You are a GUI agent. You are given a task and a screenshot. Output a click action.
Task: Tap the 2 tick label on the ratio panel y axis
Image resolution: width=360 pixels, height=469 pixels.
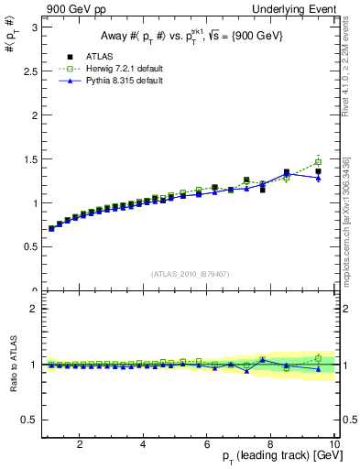(x=36, y=309)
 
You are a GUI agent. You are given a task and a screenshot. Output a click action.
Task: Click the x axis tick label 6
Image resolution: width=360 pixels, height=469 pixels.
(x=207, y=444)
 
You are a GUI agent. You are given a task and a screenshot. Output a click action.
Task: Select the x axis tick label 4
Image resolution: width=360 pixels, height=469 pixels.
(x=144, y=444)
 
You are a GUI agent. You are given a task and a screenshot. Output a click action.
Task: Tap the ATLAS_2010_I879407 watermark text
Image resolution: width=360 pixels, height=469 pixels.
(x=190, y=274)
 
